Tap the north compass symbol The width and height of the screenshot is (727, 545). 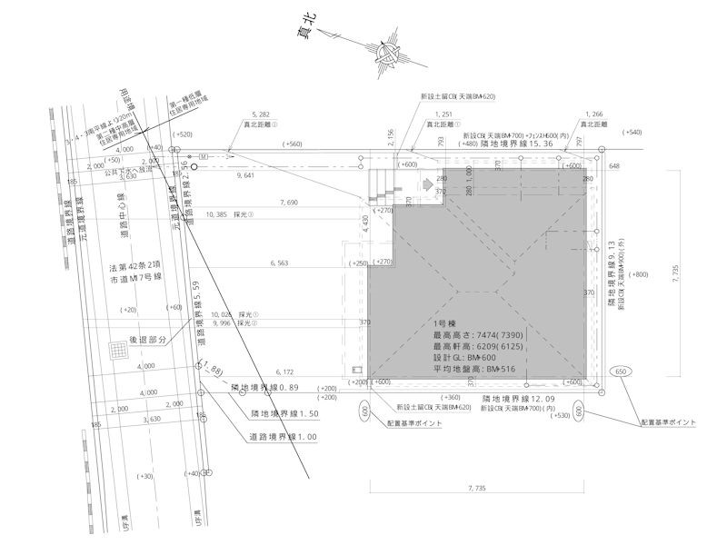[x=385, y=58]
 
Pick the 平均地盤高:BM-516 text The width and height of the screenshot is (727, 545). [x=476, y=370]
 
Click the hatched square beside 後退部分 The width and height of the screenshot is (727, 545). [x=117, y=350]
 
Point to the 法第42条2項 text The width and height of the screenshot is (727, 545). [x=136, y=269]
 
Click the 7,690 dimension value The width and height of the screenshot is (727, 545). [x=289, y=203]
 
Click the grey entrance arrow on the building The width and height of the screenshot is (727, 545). [x=410, y=182]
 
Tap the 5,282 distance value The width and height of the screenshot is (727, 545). [x=260, y=115]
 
